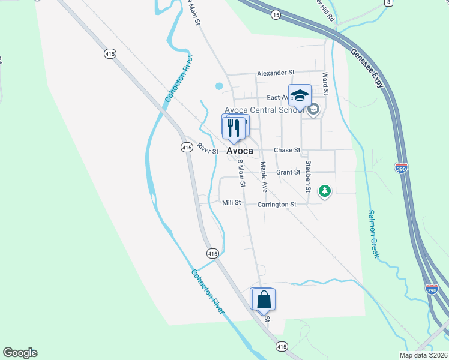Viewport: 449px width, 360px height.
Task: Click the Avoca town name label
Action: pyautogui.click(x=240, y=151)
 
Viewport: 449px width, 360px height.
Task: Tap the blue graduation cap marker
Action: pyautogui.click(x=300, y=95)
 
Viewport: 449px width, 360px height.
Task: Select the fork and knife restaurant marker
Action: pyautogui.click(x=233, y=127)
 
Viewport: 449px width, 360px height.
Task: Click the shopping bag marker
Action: pyautogui.click(x=263, y=299)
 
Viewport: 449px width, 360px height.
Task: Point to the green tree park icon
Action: pyautogui.click(x=325, y=191)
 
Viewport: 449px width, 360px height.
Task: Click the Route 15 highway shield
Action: pyautogui.click(x=275, y=14)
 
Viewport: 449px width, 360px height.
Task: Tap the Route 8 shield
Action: pyautogui.click(x=388, y=3)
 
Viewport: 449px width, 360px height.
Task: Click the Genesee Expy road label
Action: pyautogui.click(x=367, y=68)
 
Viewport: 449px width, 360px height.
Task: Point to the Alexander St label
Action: pyautogui.click(x=276, y=73)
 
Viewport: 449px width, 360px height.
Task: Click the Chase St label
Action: pyautogui.click(x=286, y=150)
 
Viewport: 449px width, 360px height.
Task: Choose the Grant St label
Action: pyautogui.click(x=288, y=172)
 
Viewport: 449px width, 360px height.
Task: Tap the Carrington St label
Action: pyautogui.click(x=277, y=205)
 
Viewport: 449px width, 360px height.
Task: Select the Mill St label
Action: pyautogui.click(x=231, y=203)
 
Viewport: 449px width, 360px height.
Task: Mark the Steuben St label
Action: pyautogui.click(x=308, y=176)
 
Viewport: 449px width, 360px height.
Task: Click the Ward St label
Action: pyautogui.click(x=325, y=84)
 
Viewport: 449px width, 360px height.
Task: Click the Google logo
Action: pyautogui.click(x=20, y=353)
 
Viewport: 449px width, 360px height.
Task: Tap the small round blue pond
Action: pyautogui.click(x=219, y=86)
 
